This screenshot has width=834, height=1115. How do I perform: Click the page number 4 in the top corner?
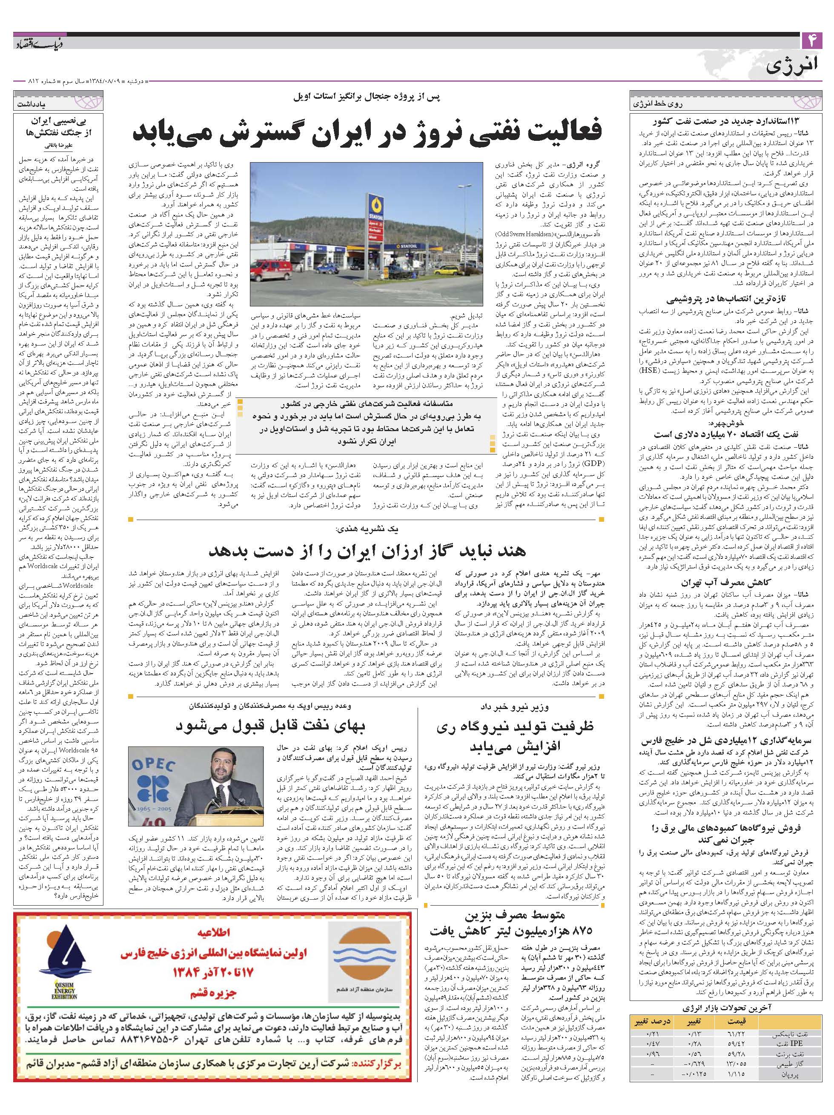coord(812,40)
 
